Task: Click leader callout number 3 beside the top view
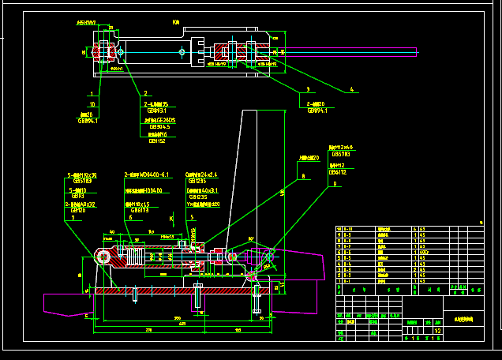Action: point(308,89)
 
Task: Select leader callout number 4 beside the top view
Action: point(352,89)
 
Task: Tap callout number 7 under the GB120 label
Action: point(73,218)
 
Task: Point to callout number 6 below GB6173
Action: point(130,218)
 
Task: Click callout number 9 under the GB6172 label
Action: point(335,183)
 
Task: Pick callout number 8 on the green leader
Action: point(302,176)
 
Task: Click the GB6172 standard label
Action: point(338,172)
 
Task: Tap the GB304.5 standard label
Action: point(159,126)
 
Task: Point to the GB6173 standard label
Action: point(139,211)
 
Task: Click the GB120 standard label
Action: point(78,211)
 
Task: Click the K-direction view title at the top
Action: point(175,23)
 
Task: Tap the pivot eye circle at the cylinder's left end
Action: point(103,256)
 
